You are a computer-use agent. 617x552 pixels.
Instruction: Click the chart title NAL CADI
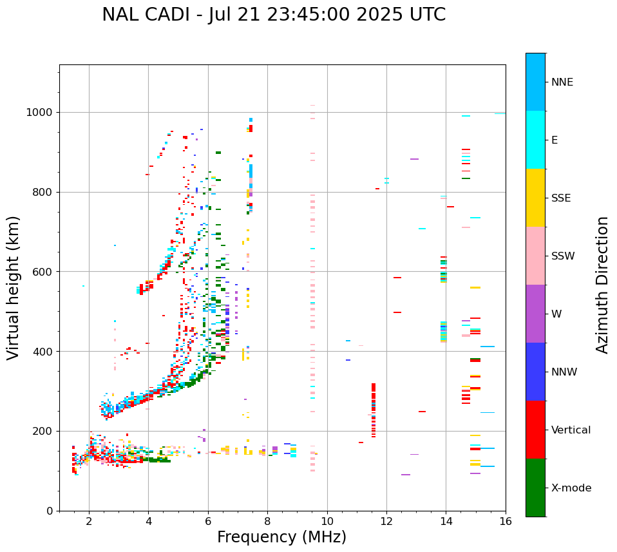tap(273, 15)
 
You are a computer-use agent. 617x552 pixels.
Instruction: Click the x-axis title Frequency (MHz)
tap(281, 537)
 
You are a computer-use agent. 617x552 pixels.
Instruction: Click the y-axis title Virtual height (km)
tap(14, 287)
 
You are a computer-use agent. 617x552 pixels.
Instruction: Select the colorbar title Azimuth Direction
tap(602, 285)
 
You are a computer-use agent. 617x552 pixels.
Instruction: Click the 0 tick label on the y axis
tap(50, 511)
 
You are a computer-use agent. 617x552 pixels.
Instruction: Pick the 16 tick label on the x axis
tap(506, 521)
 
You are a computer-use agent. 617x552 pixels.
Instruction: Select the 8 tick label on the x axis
tap(267, 521)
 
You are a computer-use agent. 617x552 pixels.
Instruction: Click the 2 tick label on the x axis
tap(89, 521)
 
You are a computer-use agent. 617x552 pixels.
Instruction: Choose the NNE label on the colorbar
tap(562, 82)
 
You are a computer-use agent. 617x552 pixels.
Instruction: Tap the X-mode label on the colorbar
tap(571, 488)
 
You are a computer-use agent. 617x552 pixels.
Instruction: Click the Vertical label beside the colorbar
tap(571, 430)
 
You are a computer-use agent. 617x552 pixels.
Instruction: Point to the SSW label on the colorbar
tap(562, 256)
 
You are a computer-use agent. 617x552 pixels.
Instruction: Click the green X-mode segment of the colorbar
tap(535, 488)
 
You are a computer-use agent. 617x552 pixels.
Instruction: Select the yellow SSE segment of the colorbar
tap(535, 198)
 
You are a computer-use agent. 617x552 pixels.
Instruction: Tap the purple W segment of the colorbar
tap(535, 314)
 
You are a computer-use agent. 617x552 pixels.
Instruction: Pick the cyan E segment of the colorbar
tap(535, 140)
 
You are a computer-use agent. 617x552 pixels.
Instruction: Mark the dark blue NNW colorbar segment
tap(535, 372)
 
